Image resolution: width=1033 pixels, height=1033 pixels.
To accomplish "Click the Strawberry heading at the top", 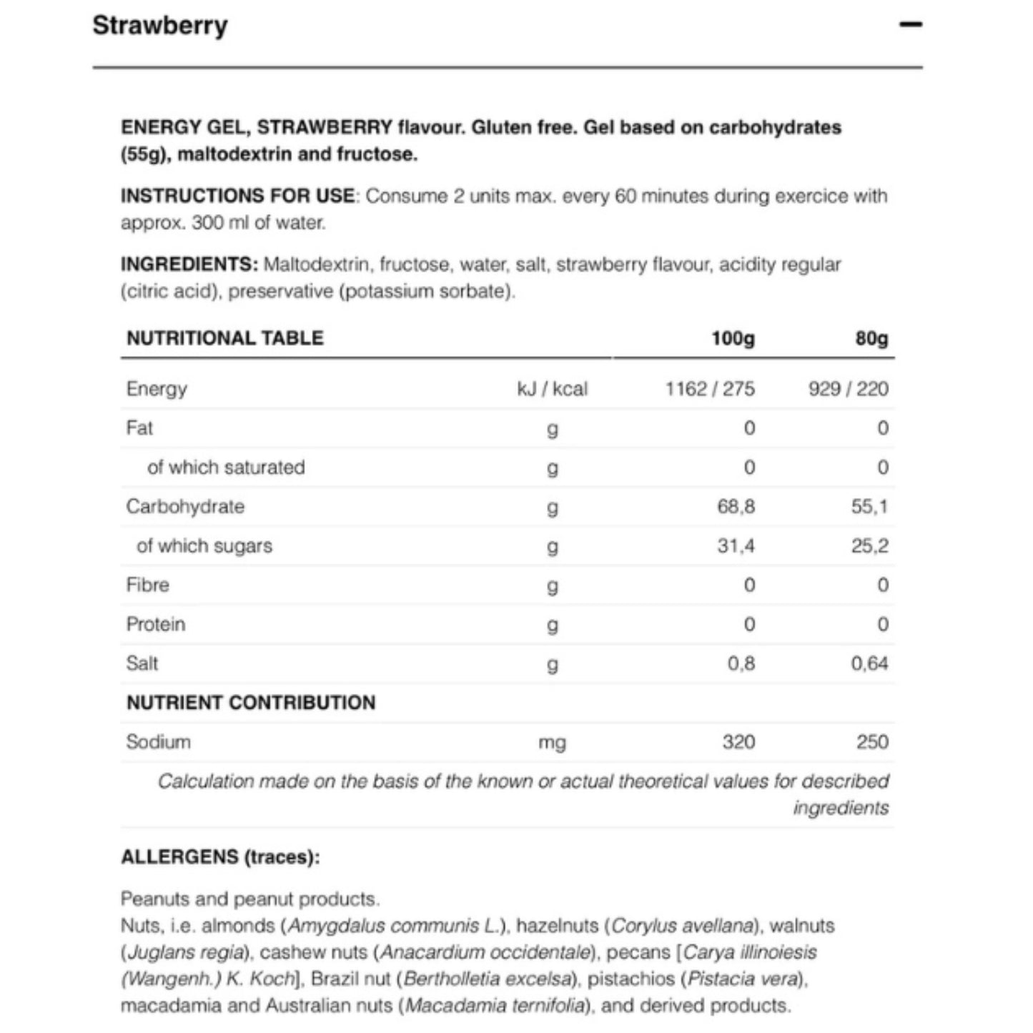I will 160,25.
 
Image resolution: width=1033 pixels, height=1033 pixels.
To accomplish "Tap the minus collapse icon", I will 910,25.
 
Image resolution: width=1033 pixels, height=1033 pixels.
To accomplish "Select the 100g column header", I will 733,337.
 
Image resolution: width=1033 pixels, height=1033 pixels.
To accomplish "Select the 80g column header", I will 871,337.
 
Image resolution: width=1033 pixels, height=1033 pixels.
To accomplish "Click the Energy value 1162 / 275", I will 709,389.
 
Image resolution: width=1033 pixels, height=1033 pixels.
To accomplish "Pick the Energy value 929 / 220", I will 848,389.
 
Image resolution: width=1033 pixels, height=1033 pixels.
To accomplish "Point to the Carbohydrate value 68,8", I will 736,507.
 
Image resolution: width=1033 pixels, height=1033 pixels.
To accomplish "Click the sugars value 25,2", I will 869,546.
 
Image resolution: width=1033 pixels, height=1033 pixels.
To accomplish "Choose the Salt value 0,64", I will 869,663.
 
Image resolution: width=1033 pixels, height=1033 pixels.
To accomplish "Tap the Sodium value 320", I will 738,741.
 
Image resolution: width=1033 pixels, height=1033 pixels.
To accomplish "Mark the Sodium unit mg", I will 552,743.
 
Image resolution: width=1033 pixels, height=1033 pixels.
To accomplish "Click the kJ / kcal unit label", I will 552,389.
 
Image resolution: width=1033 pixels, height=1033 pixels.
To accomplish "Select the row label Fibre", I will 148,585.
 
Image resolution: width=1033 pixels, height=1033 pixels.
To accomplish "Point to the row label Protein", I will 156,624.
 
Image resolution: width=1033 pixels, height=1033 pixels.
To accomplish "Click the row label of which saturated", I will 226,468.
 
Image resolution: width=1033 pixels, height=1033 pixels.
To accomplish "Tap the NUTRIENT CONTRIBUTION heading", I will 251,703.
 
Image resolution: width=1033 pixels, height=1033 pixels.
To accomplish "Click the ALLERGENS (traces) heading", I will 220,856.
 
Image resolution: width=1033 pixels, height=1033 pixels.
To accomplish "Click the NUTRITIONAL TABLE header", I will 225,337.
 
